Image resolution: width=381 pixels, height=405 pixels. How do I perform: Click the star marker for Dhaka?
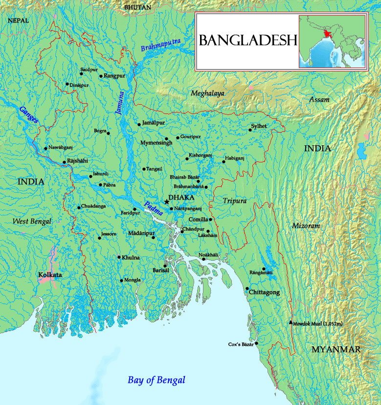[167, 201]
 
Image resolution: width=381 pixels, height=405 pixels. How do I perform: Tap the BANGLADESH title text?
[248, 40]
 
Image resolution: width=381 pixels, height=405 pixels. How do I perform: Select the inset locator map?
[332, 41]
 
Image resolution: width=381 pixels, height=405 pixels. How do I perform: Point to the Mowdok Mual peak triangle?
[291, 322]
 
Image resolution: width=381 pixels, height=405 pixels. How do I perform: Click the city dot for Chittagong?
[247, 289]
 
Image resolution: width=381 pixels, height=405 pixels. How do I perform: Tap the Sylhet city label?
[259, 126]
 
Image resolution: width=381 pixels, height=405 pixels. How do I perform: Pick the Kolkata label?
[50, 275]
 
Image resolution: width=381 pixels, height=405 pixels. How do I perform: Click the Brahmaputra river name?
[160, 44]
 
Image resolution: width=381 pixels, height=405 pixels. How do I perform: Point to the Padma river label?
[153, 209]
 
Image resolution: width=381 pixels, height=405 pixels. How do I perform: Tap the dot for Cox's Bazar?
[256, 343]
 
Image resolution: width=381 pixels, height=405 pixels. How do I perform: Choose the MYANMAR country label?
[336, 349]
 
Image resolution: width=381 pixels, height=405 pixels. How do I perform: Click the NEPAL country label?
[19, 21]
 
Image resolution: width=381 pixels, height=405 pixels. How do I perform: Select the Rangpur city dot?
[101, 76]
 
